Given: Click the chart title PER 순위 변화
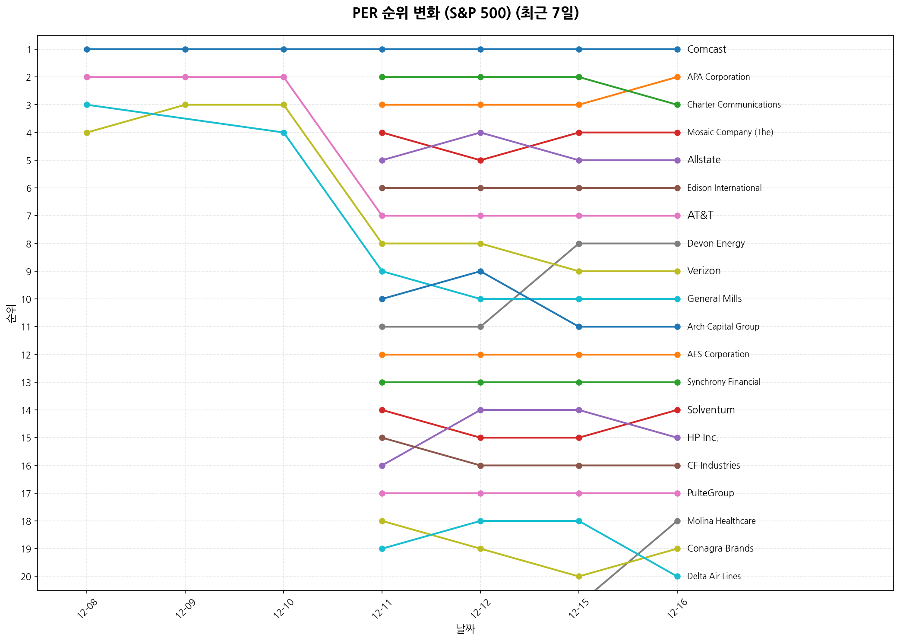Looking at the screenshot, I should click(465, 13).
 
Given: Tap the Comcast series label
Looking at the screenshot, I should click(707, 49).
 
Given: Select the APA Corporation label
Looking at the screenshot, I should click(718, 77).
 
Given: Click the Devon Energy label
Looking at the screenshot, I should click(716, 244).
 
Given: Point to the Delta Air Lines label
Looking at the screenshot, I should click(714, 576).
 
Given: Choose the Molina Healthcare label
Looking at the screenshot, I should click(721, 521).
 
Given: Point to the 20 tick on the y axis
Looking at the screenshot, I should click(26, 577).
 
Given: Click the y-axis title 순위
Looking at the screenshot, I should click(12, 313).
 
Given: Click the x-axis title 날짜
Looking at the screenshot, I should click(465, 629).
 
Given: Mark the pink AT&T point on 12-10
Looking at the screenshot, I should click(284, 77).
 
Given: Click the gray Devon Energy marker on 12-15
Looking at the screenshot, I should click(579, 244).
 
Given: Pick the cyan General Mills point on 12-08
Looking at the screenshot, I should click(87, 105).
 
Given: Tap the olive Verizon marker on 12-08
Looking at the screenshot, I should click(87, 133).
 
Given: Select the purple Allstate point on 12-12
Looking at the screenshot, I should click(480, 133).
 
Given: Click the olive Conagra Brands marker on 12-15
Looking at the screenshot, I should click(579, 576).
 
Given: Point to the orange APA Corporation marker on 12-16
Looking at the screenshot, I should click(677, 77).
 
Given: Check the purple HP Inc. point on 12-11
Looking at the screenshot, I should click(382, 466).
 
